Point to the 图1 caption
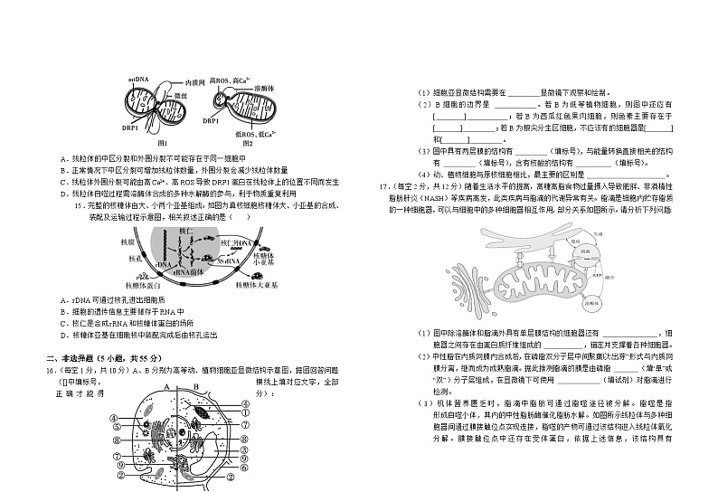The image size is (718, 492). click(164, 143)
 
